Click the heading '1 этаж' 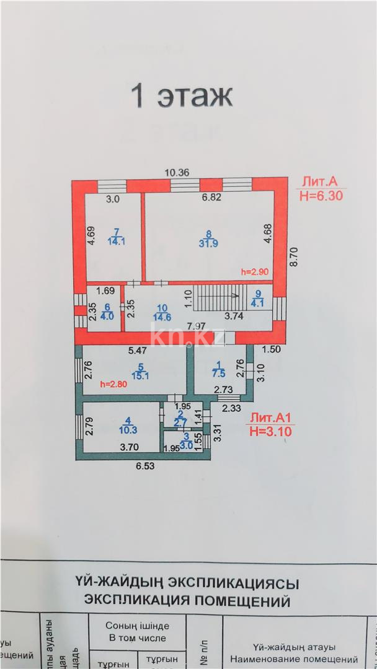pos(181,97)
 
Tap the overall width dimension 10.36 pos(176,173)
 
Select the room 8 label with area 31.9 pos(209,238)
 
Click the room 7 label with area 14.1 pos(116,238)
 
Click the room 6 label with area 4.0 pos(107,311)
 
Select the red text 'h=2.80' pos(113,384)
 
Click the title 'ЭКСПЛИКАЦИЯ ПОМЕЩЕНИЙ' pos(188,600)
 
